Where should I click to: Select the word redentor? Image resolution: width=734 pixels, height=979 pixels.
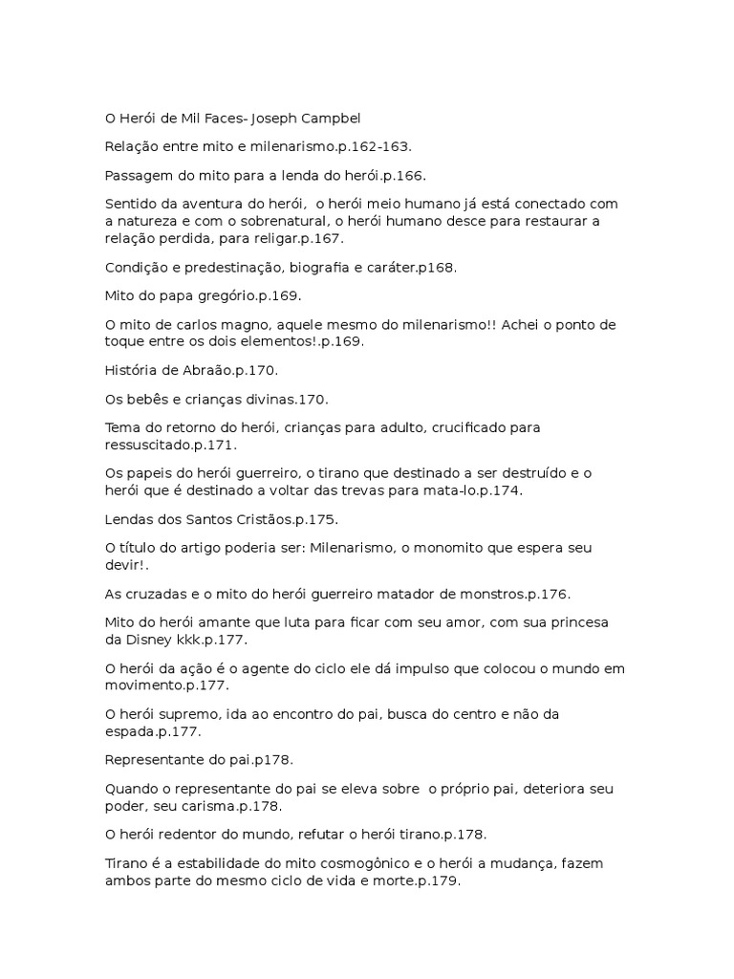coord(201,835)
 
